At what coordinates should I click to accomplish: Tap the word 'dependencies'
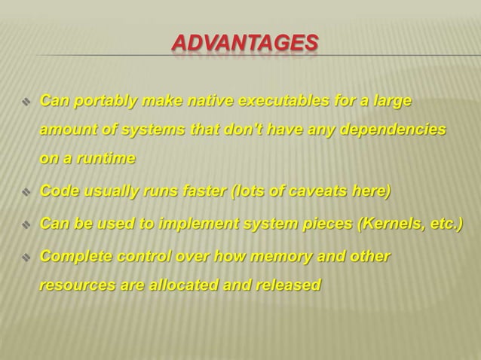(x=394, y=130)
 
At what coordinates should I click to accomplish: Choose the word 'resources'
(x=72, y=286)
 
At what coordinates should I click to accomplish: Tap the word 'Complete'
(x=75, y=257)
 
